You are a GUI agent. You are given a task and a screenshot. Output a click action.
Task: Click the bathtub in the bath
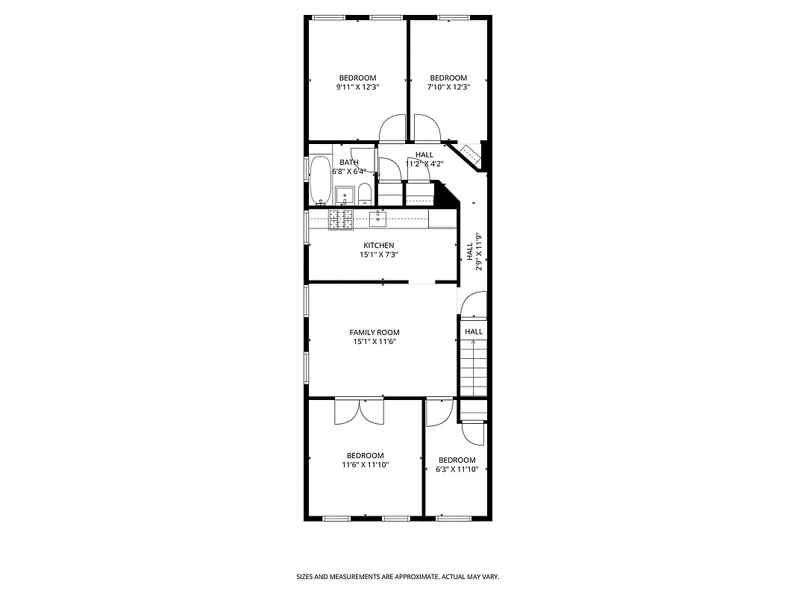pos(322,180)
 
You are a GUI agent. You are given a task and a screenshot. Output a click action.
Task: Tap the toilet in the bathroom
pos(365,196)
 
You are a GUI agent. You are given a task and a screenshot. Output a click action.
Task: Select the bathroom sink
pos(345,196)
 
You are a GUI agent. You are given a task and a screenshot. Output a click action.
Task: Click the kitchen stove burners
pos(341,218)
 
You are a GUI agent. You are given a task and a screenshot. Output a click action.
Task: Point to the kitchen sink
pos(378,218)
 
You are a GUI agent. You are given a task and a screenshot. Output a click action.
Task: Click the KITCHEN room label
pos(378,246)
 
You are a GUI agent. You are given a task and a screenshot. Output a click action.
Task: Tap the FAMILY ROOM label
pos(375,333)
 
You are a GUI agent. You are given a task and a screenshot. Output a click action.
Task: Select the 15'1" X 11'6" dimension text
pos(375,342)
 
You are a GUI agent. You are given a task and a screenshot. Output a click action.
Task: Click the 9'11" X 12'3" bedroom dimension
pos(357,87)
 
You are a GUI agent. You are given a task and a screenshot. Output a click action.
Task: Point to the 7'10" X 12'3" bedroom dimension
pos(448,87)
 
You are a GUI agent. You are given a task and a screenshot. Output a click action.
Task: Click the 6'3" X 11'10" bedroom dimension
pos(457,469)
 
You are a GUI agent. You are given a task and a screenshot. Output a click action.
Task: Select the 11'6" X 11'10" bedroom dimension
pos(365,465)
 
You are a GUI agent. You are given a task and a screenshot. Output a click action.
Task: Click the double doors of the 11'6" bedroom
pos(360,411)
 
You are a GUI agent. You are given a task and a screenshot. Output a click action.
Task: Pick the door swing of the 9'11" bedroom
pos(392,128)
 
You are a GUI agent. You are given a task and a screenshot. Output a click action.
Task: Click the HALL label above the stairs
pos(474,331)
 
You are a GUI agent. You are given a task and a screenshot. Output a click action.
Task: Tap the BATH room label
pos(349,162)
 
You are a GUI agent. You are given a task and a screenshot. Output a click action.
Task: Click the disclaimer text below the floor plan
pos(398,577)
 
